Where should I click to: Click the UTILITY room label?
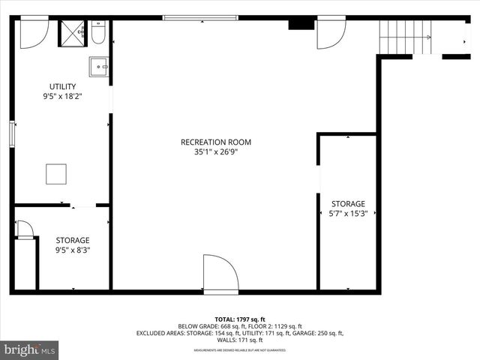[62, 86]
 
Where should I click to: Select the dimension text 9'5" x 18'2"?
[62, 96]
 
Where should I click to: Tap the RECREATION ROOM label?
[216, 142]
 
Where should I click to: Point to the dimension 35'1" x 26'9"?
[216, 151]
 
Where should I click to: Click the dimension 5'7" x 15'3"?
[348, 214]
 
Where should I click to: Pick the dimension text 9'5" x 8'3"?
[72, 250]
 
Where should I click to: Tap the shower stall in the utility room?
[73, 34]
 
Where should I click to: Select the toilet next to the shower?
[98, 34]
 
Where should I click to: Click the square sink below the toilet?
[99, 67]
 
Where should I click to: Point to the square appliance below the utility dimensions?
[56, 174]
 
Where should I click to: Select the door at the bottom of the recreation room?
[220, 274]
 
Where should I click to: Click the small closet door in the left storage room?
[24, 229]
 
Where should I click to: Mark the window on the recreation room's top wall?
[200, 17]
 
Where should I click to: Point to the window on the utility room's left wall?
[11, 133]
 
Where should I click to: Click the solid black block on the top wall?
[301, 24]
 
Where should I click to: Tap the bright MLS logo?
[29, 349]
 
